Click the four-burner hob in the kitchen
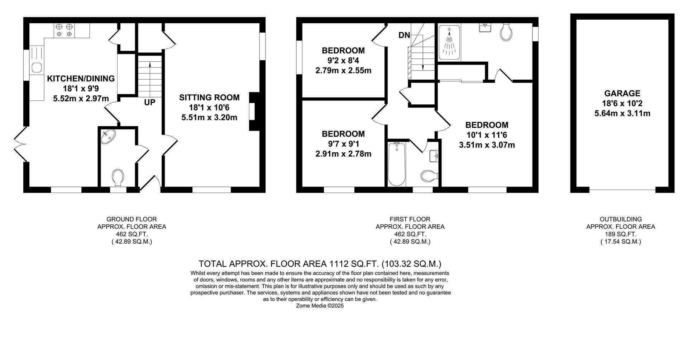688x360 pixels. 64,30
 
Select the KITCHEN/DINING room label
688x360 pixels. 81,79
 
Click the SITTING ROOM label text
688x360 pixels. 209,98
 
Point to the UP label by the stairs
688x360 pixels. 149,103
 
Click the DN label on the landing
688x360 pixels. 404,35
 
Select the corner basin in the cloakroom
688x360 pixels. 107,137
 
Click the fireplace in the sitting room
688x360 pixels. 254,112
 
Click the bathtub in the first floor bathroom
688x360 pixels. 396,164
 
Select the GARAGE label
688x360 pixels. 622,94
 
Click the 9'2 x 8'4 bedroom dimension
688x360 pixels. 343,61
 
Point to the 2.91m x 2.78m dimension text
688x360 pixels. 343,154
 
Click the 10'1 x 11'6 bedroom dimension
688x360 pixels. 487,135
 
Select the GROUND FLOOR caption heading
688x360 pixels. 132,219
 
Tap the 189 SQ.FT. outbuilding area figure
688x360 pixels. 621,234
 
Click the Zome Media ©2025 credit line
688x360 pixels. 320,306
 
